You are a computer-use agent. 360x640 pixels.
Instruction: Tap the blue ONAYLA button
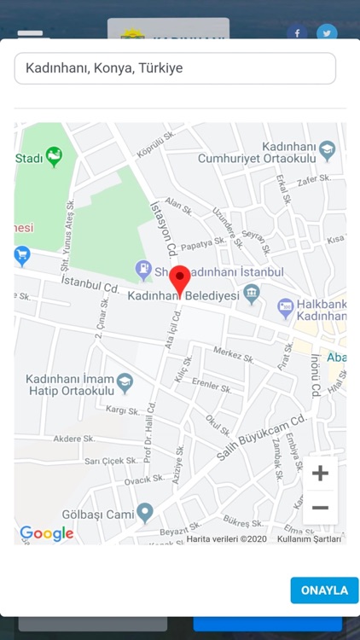click(324, 591)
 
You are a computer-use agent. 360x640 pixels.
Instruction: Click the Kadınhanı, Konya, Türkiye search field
click(175, 68)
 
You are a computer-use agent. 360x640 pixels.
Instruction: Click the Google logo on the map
click(47, 533)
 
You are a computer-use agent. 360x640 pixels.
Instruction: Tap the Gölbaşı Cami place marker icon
click(145, 513)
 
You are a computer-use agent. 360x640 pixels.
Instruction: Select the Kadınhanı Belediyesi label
click(183, 296)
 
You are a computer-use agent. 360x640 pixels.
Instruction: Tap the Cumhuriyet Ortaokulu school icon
click(328, 152)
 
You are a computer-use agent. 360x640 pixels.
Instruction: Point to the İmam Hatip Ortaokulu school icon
click(125, 381)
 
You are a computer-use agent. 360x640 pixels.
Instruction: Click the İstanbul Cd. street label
click(90, 284)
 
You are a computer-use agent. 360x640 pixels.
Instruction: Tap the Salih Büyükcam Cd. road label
click(260, 438)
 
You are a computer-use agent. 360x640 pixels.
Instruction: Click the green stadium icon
click(55, 157)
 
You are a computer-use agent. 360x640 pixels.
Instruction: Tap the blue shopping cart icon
click(22, 254)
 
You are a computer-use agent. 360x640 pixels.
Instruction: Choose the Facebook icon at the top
click(297, 33)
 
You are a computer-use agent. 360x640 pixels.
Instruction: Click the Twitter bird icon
click(327, 33)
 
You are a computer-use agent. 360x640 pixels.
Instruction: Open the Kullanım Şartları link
click(309, 538)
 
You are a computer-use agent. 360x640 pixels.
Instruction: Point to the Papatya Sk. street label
click(202, 243)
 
